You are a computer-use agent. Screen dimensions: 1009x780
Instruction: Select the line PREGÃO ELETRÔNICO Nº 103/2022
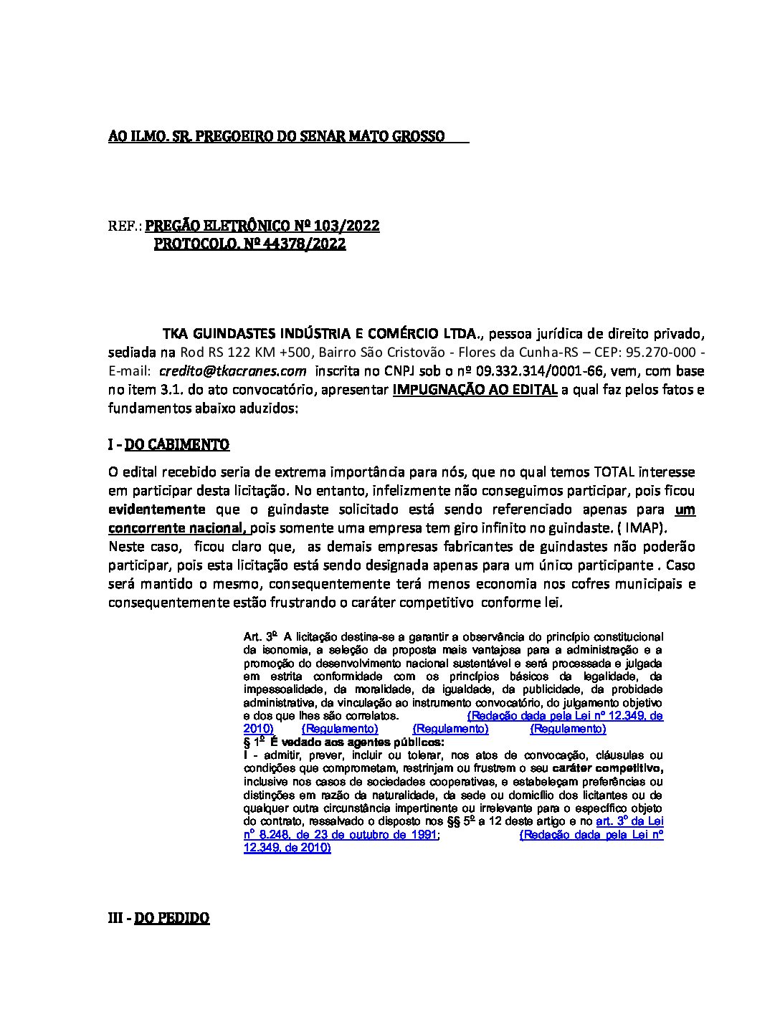[x=262, y=226]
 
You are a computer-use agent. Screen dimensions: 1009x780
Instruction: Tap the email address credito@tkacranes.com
[x=232, y=371]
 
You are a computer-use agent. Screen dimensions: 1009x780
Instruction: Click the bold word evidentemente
[x=156, y=510]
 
